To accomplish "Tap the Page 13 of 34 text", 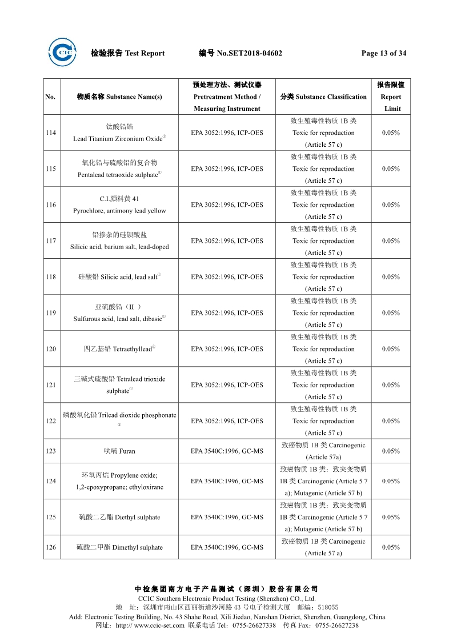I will click(x=384, y=53).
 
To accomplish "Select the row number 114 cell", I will click(x=51, y=133).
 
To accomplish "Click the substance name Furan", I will click(x=119, y=451).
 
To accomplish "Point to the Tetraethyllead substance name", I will click(x=119, y=348).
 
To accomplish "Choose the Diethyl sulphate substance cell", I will click(x=119, y=517).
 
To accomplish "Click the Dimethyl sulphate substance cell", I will click(x=119, y=547).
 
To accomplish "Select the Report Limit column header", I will click(x=391, y=97).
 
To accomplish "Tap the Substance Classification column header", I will click(x=323, y=97).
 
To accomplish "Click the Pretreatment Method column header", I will click(x=227, y=97).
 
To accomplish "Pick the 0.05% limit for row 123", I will click(x=391, y=451).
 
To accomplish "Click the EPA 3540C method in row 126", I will click(x=227, y=547).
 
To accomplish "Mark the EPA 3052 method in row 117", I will click(x=227, y=241).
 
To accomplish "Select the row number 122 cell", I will click(x=51, y=421).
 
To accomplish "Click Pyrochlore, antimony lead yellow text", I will click(x=119, y=211).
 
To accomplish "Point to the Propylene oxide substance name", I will click(x=119, y=475).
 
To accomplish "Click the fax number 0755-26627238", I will click(x=336, y=626).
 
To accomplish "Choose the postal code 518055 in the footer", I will click(x=328, y=607).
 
